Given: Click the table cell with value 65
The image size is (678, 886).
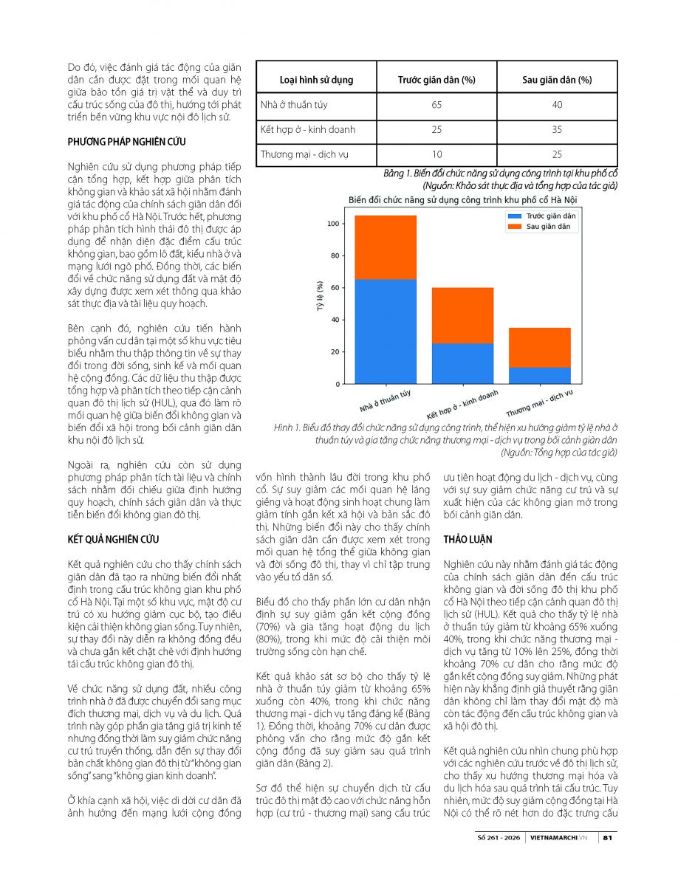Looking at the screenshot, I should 436,105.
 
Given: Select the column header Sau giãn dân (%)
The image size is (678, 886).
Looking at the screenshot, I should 557,80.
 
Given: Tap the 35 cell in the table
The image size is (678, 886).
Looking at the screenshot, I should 557,129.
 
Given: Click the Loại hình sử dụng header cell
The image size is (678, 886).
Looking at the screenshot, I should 316,80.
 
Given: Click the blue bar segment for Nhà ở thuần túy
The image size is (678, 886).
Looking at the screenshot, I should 386,332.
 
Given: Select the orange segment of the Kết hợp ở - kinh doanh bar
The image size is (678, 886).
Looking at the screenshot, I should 463,315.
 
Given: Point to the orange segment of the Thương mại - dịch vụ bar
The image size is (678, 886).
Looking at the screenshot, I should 539,347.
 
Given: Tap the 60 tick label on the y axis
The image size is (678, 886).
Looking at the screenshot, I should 335,288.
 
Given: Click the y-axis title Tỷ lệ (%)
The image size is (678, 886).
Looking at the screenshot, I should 320,295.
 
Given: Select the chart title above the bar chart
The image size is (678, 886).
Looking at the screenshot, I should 462,200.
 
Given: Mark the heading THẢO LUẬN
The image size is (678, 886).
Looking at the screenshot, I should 468,539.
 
